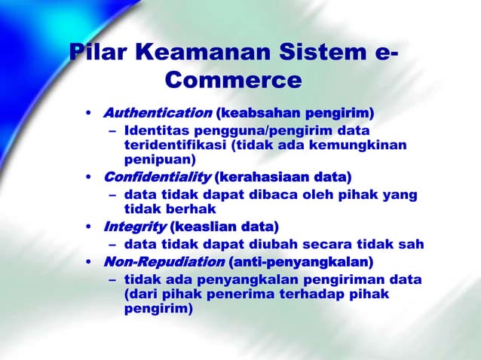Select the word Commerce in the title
232,80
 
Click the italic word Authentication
157,114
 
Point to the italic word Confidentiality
156,178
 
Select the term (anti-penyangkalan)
300,262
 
